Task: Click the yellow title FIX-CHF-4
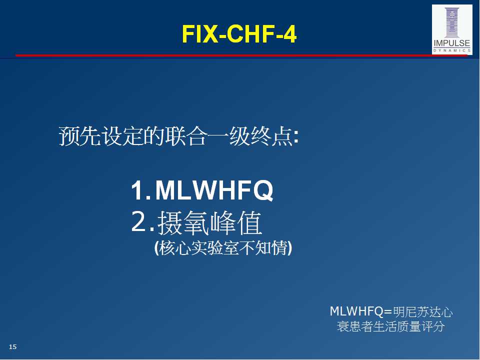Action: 239,33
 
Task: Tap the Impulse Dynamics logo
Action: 452,29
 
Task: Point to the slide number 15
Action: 13,346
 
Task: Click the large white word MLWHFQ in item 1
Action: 214,190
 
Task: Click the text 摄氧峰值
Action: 209,222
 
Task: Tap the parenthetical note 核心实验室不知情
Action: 223,248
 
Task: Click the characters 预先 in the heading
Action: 80,136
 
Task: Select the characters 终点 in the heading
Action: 272,136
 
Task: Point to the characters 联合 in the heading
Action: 186,136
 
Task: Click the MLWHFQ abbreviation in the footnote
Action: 356,311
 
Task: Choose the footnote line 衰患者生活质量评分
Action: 390,326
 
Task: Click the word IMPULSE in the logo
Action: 452,43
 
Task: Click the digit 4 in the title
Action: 289,34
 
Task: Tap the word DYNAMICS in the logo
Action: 452,50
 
